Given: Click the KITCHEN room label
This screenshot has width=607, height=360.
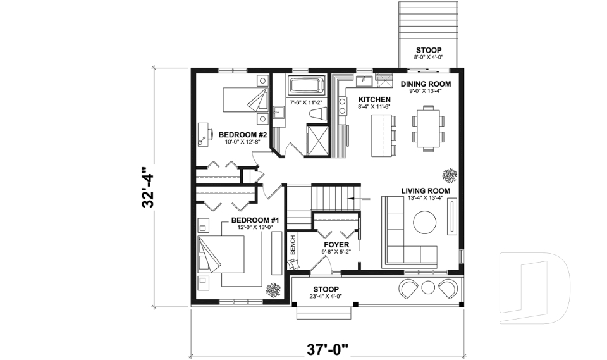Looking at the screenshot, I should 374,100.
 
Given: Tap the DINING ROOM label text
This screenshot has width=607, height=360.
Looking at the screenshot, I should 426,84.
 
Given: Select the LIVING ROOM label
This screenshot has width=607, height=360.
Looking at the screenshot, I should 425,190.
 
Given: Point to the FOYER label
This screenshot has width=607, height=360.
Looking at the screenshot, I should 336,244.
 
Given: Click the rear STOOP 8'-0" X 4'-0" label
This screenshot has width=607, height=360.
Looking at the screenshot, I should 428,51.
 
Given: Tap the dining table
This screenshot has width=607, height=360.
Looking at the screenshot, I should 428,127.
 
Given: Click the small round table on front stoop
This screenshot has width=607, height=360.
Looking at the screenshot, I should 428,288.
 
